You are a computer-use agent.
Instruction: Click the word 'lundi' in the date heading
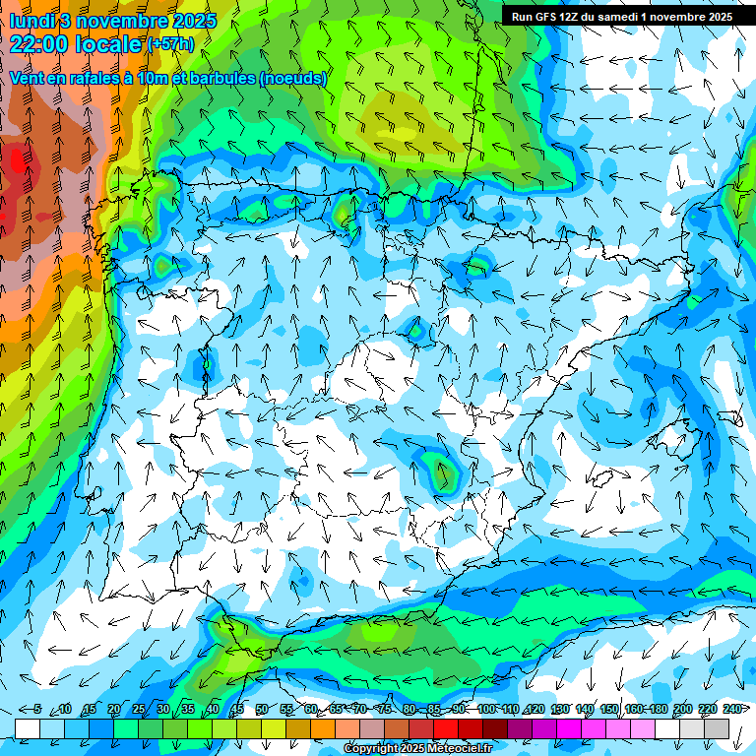point(31,21)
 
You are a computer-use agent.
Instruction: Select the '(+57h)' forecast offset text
point(169,44)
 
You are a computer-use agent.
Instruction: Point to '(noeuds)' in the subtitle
point(292,79)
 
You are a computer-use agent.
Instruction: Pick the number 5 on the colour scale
point(37,710)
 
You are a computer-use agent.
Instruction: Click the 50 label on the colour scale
point(261,710)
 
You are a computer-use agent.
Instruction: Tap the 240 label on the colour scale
point(731,710)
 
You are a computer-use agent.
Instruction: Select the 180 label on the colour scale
point(658,710)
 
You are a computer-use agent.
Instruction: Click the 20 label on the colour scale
point(113,710)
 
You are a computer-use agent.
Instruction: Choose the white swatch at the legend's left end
point(28,727)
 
